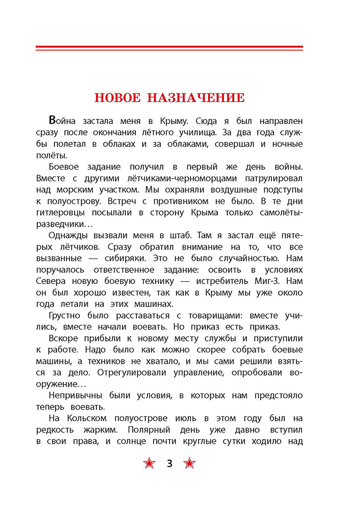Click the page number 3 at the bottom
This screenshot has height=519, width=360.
[x=169, y=463]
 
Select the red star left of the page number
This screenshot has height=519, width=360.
[x=149, y=463]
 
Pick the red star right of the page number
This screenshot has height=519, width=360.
[x=190, y=463]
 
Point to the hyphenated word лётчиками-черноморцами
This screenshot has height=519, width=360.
[x=184, y=177]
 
